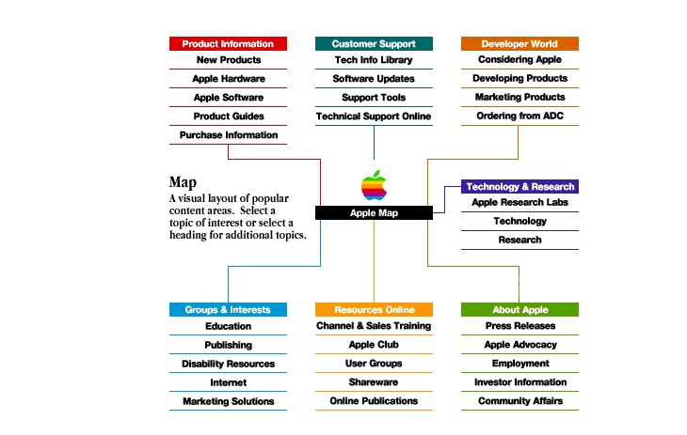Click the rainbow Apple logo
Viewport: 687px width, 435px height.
(x=374, y=185)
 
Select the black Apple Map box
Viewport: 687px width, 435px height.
(x=374, y=212)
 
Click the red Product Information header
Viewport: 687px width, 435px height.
(x=228, y=44)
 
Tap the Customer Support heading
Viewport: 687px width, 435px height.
(x=374, y=44)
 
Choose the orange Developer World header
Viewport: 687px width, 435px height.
(x=519, y=44)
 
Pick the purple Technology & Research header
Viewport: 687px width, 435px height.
(x=519, y=186)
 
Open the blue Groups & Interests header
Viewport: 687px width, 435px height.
(x=228, y=309)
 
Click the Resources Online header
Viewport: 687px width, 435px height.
(x=374, y=309)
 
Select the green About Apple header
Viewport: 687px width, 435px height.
(x=519, y=309)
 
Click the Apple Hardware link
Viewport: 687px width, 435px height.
(x=229, y=79)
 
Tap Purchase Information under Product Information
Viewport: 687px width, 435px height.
(x=229, y=134)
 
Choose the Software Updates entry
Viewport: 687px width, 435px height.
(x=374, y=79)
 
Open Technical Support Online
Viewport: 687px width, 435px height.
(x=374, y=117)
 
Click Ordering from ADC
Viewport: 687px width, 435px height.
(x=520, y=116)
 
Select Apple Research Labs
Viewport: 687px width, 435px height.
(x=520, y=202)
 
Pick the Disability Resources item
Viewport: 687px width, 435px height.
(x=229, y=364)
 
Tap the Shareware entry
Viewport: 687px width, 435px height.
(x=374, y=382)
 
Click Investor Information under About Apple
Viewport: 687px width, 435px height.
(x=520, y=382)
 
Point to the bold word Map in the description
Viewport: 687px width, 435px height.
(x=183, y=182)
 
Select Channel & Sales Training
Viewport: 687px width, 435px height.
(x=374, y=326)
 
